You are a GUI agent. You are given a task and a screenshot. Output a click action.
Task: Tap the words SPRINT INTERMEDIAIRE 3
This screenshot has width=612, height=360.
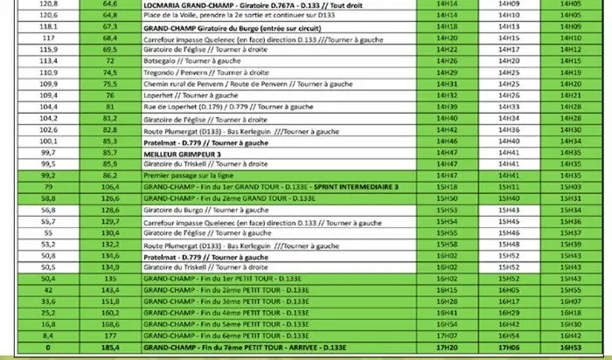pos(358,187)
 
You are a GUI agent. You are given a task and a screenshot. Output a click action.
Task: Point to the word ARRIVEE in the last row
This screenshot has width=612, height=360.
pos(296,346)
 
